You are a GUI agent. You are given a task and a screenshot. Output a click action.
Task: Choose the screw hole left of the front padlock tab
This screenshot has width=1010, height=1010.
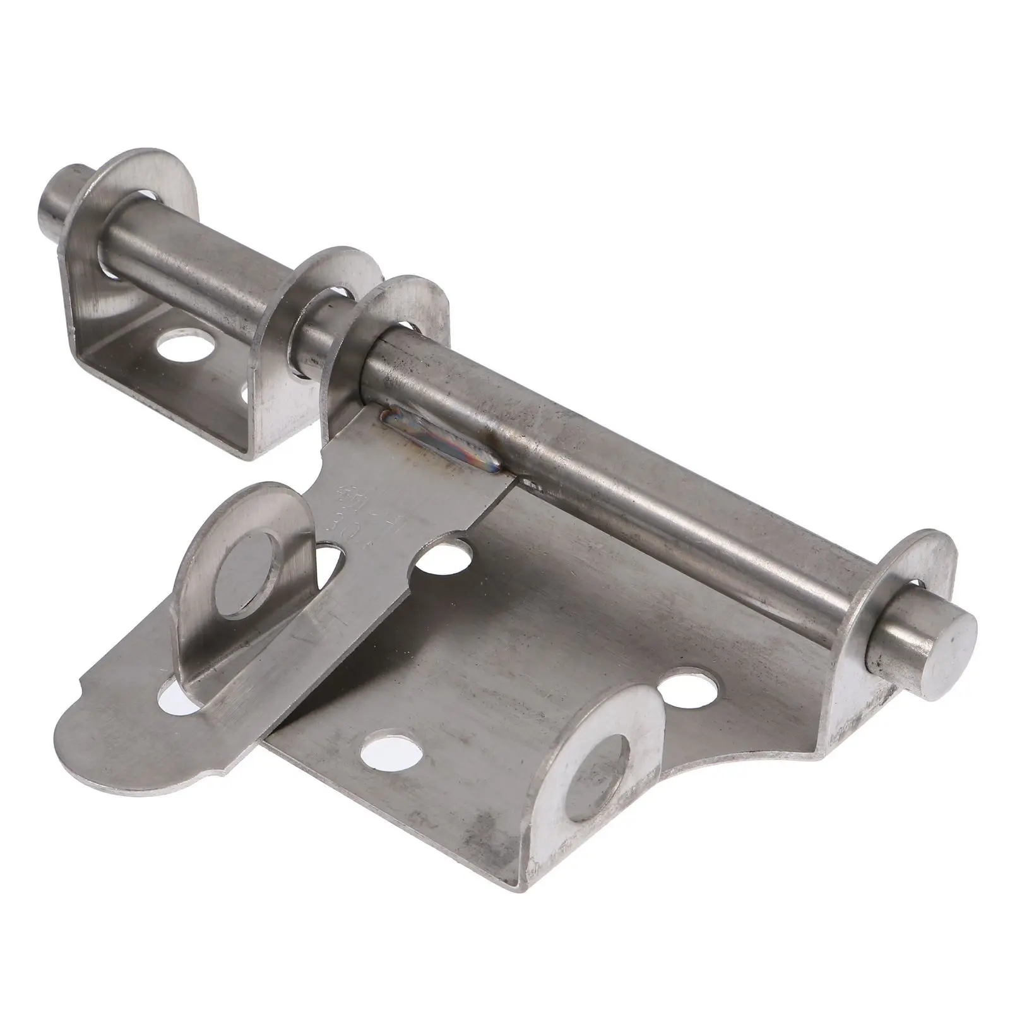tap(393, 751)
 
